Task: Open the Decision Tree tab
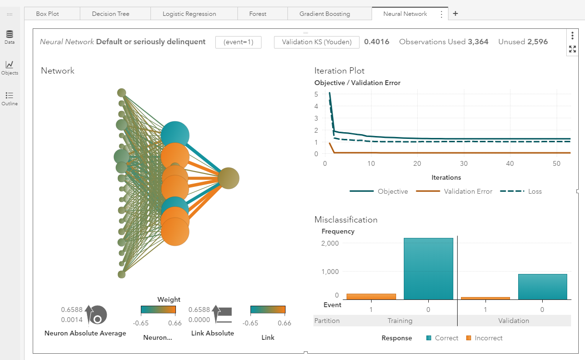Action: pos(111,14)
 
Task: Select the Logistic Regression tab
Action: pos(189,14)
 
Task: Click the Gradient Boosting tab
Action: pos(324,14)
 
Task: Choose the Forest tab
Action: pos(258,14)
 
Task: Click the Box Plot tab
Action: pos(48,14)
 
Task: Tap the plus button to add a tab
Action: pos(455,13)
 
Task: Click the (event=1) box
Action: pos(238,42)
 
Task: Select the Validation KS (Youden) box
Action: pos(316,42)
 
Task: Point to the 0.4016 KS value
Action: pos(376,42)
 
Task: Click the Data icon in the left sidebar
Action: pos(10,37)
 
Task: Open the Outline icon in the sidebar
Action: pos(10,98)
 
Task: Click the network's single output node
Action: pos(228,178)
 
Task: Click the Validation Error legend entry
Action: pos(468,191)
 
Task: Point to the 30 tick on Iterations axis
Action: pos(463,164)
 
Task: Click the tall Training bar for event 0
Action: pos(428,269)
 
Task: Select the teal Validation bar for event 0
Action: pos(542,287)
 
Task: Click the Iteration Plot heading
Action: pos(339,71)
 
